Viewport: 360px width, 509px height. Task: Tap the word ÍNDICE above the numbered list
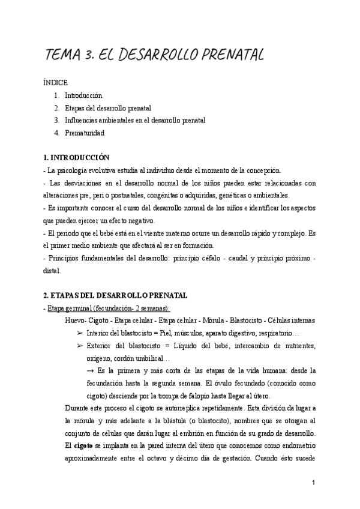pos(56,83)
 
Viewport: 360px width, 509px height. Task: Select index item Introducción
pos(83,95)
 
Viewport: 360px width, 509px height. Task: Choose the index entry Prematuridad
pos(85,133)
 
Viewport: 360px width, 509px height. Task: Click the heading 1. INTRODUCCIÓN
pos(76,157)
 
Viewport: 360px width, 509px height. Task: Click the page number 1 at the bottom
pos(314,482)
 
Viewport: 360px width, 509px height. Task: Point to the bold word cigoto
pos(82,446)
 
